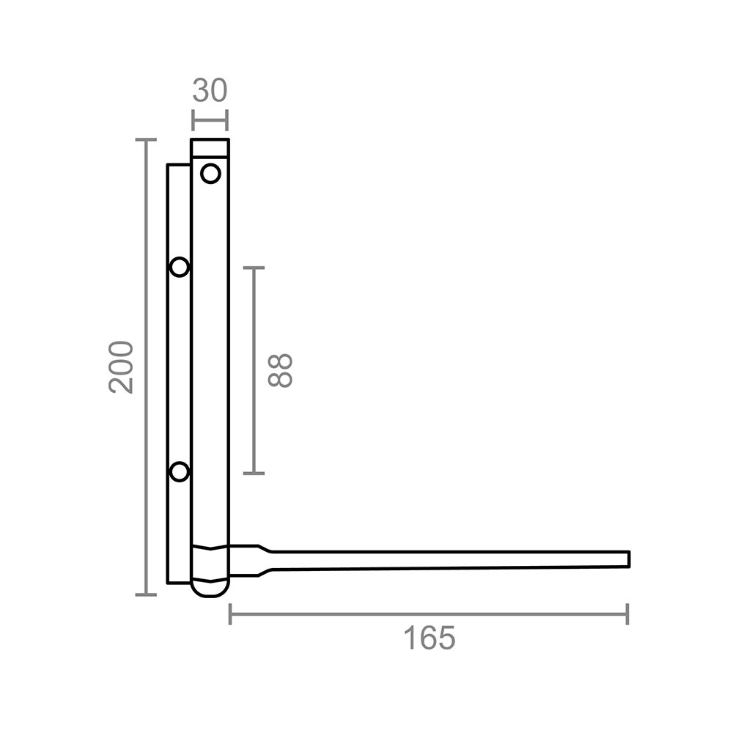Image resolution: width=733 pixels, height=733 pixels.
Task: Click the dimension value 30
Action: click(210, 91)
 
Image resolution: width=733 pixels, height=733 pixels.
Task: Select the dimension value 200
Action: click(121, 367)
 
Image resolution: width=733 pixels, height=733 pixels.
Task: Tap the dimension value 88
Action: click(280, 370)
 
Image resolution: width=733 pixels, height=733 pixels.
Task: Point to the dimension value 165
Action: click(429, 638)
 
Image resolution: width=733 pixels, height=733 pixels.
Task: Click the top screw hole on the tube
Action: click(210, 174)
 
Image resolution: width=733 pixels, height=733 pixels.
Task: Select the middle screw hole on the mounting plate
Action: click(180, 268)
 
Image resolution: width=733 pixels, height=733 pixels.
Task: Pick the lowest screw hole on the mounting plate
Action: click(180, 471)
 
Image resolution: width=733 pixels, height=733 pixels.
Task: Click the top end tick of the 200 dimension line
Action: click(146, 139)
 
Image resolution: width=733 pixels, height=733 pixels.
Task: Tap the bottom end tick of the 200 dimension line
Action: click(146, 594)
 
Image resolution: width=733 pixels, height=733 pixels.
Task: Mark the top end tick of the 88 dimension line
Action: click(254, 268)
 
